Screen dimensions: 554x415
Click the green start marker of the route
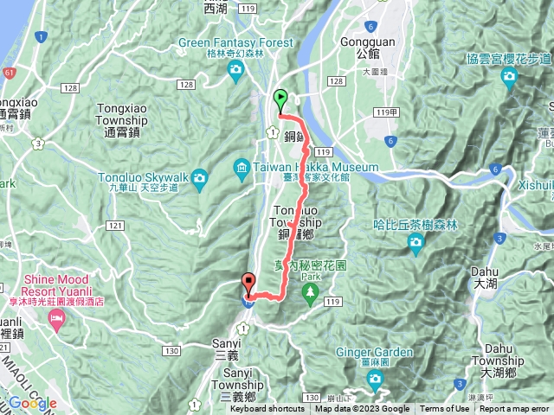click(x=280, y=99)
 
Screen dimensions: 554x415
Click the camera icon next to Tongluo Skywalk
click(x=200, y=179)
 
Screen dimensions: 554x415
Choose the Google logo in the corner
click(x=32, y=403)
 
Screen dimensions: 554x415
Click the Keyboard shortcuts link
click(x=267, y=409)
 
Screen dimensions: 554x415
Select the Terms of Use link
click(x=444, y=409)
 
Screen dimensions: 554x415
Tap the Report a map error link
click(x=515, y=409)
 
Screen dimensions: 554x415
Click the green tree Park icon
click(x=309, y=294)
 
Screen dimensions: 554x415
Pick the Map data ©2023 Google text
click(x=362, y=409)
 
